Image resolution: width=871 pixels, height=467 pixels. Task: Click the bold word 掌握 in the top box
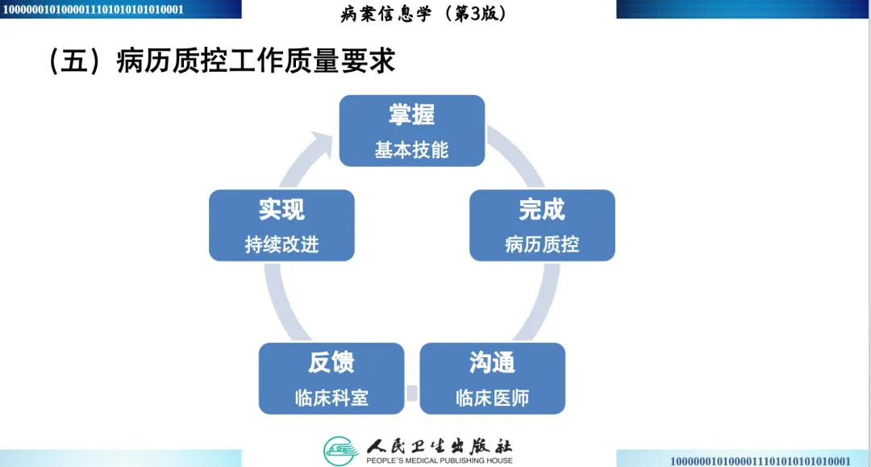pos(411,115)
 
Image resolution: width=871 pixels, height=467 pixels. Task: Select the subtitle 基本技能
pos(411,150)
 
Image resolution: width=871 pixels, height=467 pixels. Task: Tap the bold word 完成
pos(541,210)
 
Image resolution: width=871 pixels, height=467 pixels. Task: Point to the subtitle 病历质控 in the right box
pos(541,244)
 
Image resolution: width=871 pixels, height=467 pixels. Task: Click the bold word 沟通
pos(492,363)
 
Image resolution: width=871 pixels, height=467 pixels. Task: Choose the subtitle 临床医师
pos(492,398)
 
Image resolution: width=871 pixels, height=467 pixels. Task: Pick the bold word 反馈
pos(331,363)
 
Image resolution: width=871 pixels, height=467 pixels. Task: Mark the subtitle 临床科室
pos(331,398)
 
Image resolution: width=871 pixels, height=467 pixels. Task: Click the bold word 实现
pos(281,210)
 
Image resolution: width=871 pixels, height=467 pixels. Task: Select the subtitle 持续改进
pos(281,244)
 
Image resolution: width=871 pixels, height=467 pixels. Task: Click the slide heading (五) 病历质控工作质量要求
pos(222,61)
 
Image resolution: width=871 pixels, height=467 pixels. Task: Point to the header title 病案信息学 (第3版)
pos(425,14)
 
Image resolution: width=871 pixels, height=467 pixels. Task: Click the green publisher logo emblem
pos(340,449)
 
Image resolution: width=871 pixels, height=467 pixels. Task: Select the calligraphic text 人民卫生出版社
pos(439,445)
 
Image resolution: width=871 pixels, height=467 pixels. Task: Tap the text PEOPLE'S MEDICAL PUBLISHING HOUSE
pos(439,461)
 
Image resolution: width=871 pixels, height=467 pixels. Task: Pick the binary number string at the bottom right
pos(760,461)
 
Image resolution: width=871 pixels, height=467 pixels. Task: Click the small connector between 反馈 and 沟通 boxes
pos(412,394)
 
